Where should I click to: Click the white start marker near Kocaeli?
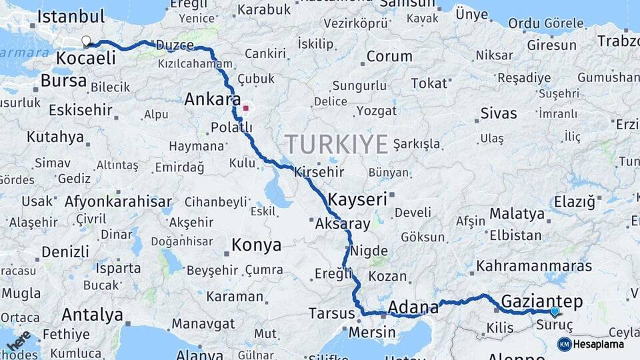point(86,41)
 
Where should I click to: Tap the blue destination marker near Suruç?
point(555,311)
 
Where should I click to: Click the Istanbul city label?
point(71,17)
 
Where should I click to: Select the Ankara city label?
point(212,100)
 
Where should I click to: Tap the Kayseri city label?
point(357,199)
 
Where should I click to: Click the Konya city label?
point(256,245)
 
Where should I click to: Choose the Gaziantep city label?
point(541,301)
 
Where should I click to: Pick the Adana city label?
point(413,307)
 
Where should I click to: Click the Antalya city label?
point(92,314)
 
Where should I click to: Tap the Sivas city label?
point(498,113)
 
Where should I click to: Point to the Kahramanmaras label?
point(534,266)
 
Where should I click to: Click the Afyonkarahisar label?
point(118,201)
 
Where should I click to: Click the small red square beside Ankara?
point(246,107)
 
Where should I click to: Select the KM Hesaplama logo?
point(591,344)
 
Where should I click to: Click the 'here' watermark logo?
point(19,341)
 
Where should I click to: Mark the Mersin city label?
point(373,330)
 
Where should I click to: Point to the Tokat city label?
point(429,83)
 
